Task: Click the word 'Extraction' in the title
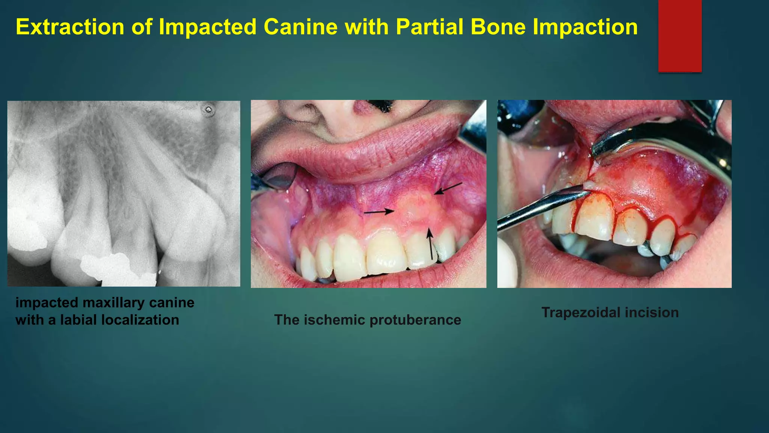point(70,27)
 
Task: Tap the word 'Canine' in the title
point(300,27)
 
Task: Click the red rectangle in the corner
point(680,36)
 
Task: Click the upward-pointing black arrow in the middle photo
point(431,244)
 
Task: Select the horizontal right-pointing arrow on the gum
point(379,212)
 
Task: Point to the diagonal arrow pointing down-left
point(448,188)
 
